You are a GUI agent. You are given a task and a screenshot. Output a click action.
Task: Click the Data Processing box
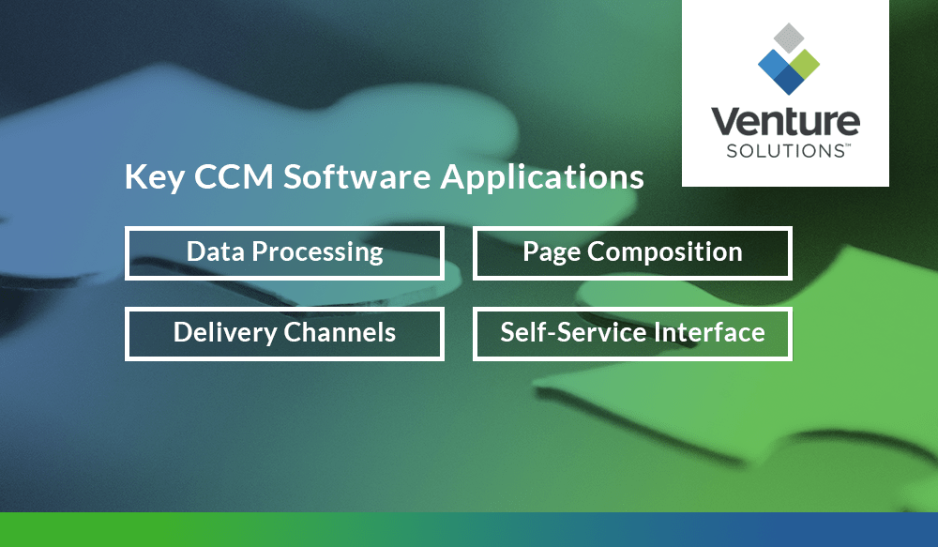coord(284,252)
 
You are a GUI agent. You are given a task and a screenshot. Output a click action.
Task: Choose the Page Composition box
coord(632,252)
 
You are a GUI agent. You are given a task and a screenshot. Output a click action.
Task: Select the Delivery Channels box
coord(284,333)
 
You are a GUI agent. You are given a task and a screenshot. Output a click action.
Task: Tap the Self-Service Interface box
coord(632,333)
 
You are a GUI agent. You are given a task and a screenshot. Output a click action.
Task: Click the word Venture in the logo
coord(785,121)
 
